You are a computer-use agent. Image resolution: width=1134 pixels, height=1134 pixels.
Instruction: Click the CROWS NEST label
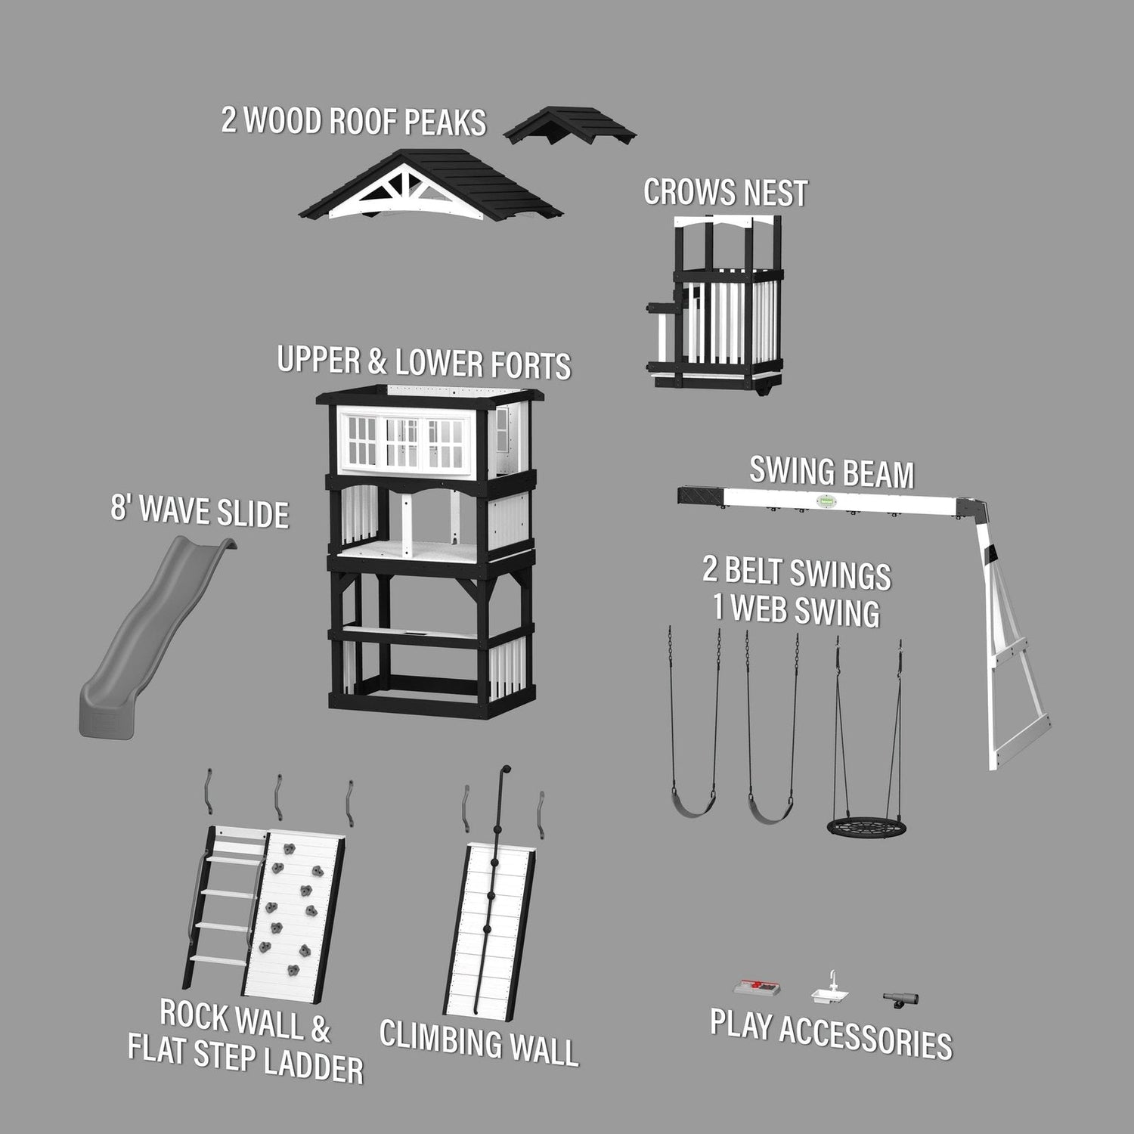coord(725,193)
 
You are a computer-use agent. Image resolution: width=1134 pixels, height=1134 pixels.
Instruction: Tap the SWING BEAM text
coord(832,472)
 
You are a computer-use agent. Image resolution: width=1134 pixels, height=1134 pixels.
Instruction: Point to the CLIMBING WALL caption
coord(479,1043)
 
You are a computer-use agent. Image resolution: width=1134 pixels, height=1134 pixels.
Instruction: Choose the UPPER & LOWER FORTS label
coord(424,363)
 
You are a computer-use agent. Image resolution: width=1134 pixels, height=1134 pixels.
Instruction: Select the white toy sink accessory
coord(830,992)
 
